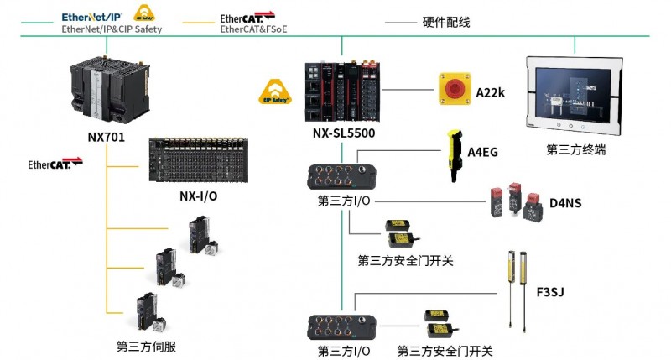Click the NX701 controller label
pos(107,137)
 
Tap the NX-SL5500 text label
pos(344,133)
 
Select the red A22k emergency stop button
pos(455,89)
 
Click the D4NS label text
pos(565,203)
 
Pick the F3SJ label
pos(550,292)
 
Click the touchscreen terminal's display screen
pos(573,95)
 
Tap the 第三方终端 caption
pos(575,149)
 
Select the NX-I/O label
pos(198,196)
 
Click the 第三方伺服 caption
pos(146,347)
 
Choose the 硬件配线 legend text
pos(446,23)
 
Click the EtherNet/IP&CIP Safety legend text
pos(112,29)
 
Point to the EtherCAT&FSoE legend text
pos(253,29)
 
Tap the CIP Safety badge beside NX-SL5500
pos(275,92)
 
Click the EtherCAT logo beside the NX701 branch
pos(55,164)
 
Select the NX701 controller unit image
pos(110,90)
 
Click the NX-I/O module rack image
pos(199,159)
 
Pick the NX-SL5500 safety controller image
pos(342,91)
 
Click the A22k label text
pos(491,92)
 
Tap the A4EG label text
pos(482,152)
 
